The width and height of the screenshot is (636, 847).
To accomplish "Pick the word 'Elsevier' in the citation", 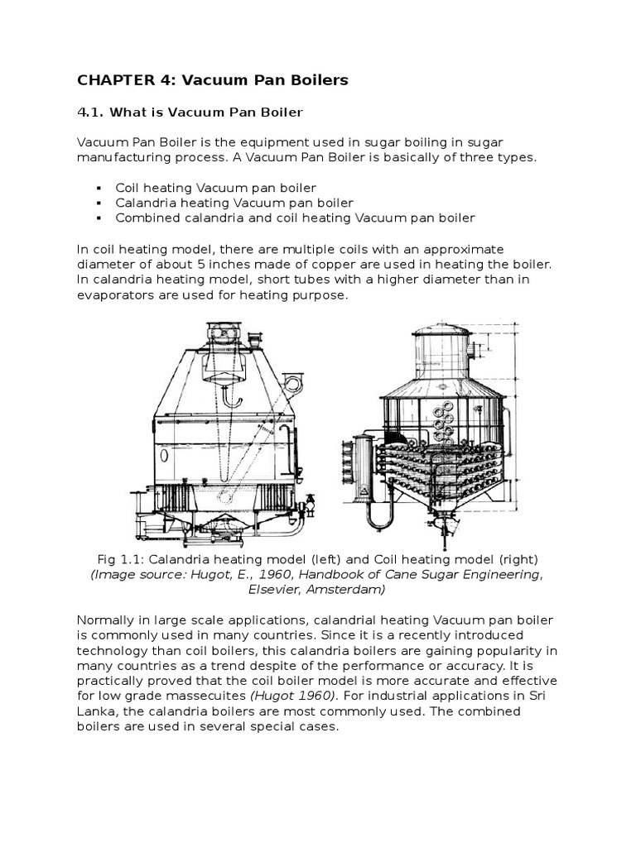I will point(277,590).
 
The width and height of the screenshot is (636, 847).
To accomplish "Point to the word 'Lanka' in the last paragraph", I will point(95,711).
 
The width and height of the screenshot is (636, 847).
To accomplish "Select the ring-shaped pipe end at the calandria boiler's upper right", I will point(291,381).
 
